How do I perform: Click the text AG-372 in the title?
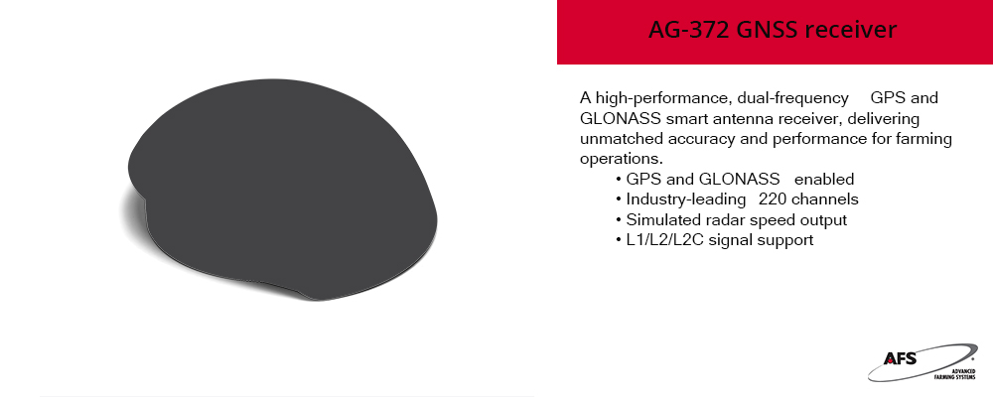point(688,30)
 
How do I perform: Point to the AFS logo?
point(922,363)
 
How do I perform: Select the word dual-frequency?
point(792,98)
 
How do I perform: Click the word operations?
point(622,159)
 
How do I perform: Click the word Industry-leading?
point(686,199)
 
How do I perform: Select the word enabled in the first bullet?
point(824,180)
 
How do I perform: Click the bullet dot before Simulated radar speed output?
point(619,220)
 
